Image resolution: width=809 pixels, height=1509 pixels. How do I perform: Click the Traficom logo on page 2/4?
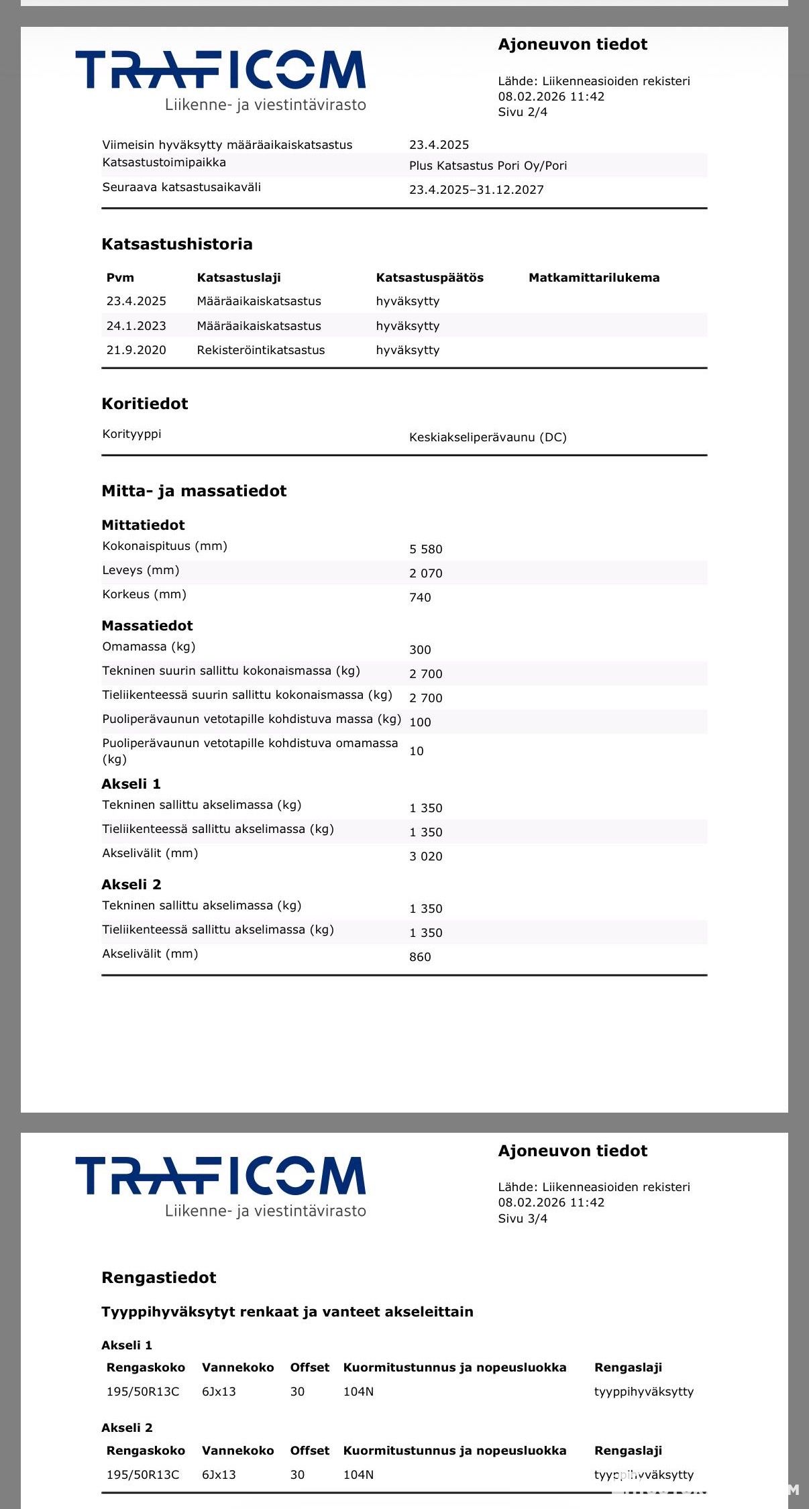point(221,79)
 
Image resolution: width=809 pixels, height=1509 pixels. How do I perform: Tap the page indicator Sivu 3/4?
point(523,1218)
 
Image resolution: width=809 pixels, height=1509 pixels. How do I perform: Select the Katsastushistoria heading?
point(177,244)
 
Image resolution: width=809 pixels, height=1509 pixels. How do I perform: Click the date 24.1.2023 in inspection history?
point(136,326)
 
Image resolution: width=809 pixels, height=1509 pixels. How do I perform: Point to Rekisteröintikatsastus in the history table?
point(260,350)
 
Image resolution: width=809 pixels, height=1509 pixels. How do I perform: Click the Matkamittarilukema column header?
point(594,278)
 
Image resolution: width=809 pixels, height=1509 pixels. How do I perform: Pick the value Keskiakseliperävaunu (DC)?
point(488,437)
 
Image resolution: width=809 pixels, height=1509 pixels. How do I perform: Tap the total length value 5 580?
point(426,549)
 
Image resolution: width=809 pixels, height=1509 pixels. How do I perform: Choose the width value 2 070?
point(426,573)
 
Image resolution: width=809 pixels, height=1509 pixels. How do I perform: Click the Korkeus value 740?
point(420,598)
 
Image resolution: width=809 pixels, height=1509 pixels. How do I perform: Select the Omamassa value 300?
point(420,650)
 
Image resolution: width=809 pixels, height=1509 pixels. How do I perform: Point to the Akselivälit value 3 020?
point(426,856)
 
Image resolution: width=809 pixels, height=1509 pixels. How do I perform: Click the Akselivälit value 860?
point(420,957)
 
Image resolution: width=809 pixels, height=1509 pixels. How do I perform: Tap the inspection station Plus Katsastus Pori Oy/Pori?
point(488,166)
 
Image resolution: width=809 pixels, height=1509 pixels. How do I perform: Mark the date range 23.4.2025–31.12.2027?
point(476,190)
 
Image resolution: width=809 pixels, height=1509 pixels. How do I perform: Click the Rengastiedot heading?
point(159,1278)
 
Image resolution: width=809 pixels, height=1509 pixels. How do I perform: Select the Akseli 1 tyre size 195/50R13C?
point(143,1392)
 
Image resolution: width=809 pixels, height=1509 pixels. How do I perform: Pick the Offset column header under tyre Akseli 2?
point(309,1451)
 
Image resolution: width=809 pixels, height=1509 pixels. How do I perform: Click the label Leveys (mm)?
point(141,570)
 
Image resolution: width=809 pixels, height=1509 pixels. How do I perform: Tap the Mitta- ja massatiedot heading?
point(194,491)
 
